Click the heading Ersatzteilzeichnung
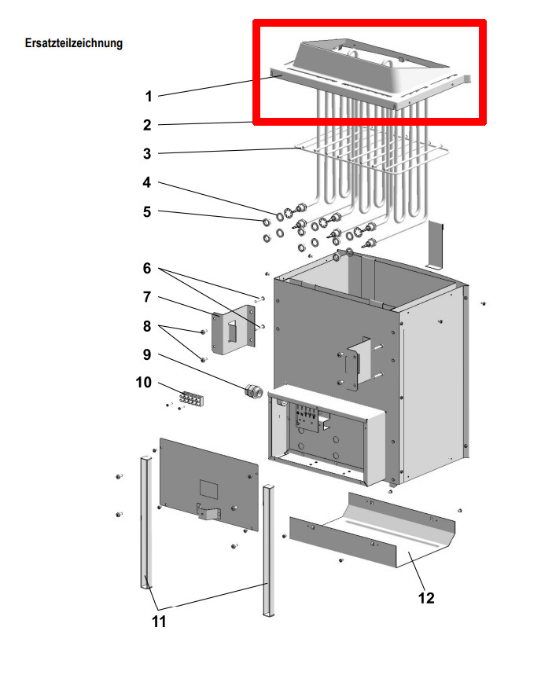click(x=74, y=43)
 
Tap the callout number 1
click(x=148, y=97)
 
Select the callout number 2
click(x=148, y=125)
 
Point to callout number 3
click(x=148, y=154)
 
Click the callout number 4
click(x=146, y=182)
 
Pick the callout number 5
click(x=146, y=211)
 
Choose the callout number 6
click(x=146, y=268)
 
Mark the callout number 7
click(x=146, y=297)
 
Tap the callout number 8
click(x=146, y=325)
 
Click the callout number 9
click(x=146, y=354)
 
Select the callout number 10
click(x=143, y=383)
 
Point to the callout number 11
click(x=159, y=622)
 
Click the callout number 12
click(x=425, y=598)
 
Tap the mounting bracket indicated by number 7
click(x=233, y=335)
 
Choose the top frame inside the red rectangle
click(x=370, y=75)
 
